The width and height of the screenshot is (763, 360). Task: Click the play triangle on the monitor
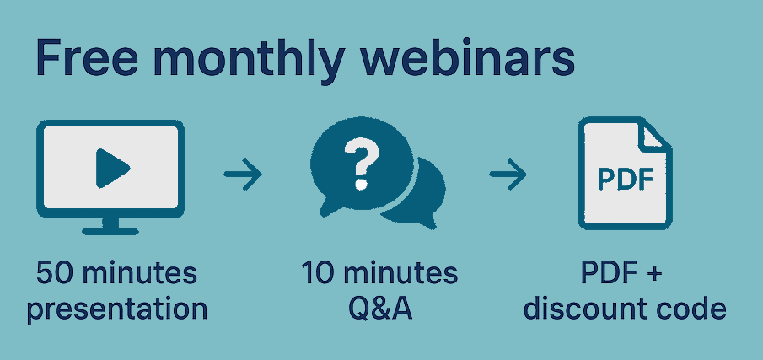tap(111, 168)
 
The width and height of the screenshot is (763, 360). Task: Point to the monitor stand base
tap(110, 228)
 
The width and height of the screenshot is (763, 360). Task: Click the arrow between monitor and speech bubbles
tap(243, 175)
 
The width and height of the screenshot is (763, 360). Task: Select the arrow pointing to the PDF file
tap(508, 175)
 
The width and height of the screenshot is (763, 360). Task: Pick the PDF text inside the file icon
tap(624, 180)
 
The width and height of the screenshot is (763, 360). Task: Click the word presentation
tap(116, 309)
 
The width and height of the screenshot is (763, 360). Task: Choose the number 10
tap(318, 274)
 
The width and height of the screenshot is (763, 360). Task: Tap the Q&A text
tap(379, 309)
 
